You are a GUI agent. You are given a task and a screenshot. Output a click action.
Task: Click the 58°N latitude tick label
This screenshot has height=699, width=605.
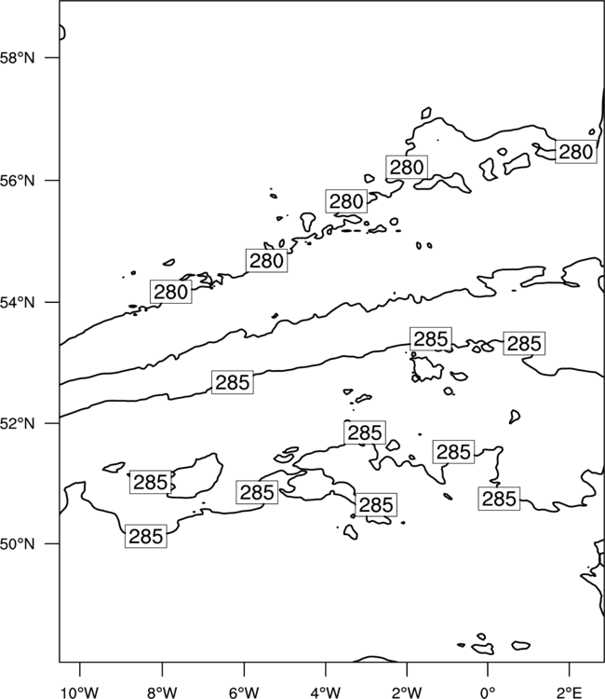coord(17,58)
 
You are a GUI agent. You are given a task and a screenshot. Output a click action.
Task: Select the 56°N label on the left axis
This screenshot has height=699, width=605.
coord(17,181)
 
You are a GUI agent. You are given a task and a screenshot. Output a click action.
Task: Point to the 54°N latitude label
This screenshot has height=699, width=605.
coord(17,302)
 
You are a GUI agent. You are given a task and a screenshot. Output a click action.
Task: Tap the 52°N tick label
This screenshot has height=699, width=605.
coord(17,423)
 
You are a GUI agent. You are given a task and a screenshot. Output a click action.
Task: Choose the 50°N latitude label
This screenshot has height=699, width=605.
coord(17,544)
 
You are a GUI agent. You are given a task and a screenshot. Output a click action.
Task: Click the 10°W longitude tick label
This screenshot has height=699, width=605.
coord(80,692)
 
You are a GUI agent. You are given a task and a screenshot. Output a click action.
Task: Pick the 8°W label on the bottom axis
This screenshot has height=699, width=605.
coord(162,692)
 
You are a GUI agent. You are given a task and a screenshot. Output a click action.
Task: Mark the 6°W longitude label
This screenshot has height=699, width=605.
coord(244,692)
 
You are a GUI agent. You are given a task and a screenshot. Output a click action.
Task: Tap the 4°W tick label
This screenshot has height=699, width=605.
coord(326,692)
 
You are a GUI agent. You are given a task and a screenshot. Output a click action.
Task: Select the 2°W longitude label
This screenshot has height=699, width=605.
coord(407,692)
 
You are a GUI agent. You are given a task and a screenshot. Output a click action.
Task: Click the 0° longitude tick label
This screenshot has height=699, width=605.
coord(488,692)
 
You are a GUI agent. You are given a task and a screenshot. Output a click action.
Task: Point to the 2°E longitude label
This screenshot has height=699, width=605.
coord(570,692)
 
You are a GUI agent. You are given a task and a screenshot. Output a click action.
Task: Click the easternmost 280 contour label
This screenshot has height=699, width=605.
coord(575,152)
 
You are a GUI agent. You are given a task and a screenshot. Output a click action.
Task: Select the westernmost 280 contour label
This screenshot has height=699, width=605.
coord(171,292)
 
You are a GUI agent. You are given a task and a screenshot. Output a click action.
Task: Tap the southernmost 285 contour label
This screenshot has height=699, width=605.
coord(146,536)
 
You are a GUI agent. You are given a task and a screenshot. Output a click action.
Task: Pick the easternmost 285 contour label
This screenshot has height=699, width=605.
coord(524,344)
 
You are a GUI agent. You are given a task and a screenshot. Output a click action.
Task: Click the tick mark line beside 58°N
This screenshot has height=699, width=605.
coord(52,58)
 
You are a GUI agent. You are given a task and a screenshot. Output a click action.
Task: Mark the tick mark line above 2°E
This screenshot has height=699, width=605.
coord(570,669)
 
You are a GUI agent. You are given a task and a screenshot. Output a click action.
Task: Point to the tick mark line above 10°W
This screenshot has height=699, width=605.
coord(80,669)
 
